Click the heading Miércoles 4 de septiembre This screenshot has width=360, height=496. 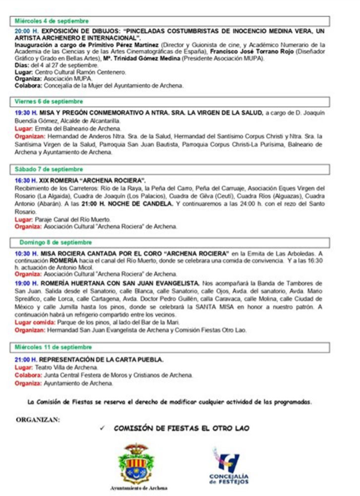[52, 21]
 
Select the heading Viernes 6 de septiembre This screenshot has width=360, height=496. [49, 102]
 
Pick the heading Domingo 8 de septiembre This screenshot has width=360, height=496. [56, 243]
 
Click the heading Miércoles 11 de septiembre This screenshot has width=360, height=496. [53, 347]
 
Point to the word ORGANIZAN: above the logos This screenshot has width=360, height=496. [38, 419]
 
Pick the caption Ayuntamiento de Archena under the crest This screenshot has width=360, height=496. [138, 488]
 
